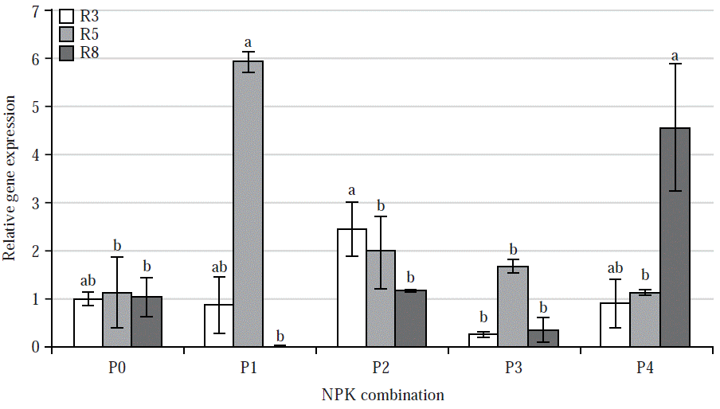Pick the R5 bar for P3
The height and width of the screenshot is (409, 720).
tap(512, 306)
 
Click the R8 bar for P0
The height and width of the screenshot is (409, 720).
tap(147, 321)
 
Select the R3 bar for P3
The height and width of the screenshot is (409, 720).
tap(483, 341)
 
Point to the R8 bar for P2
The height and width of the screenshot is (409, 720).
tap(411, 318)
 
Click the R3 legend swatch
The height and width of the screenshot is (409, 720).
tap(68, 15)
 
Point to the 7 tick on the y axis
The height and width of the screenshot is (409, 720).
tap(35, 11)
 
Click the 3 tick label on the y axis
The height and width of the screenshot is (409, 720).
tap(35, 203)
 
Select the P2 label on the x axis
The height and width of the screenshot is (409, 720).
tap(382, 368)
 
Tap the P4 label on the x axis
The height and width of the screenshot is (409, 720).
tap(646, 368)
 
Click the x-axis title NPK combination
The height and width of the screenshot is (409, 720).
tap(382, 395)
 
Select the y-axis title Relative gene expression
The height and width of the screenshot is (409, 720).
tap(10, 178)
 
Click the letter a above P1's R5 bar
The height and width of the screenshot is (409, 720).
tap(248, 42)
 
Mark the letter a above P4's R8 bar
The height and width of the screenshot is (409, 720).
tap(675, 56)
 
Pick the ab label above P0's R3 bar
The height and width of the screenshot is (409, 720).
tap(88, 281)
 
